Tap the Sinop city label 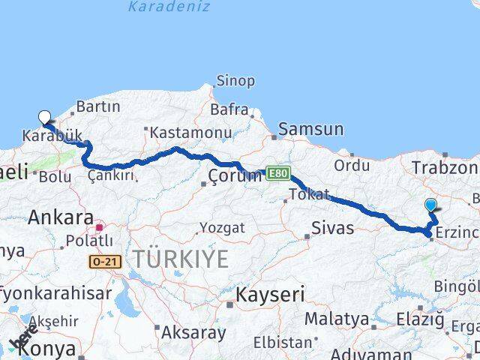tap(235, 80)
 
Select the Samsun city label tap(310, 130)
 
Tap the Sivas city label tap(333, 228)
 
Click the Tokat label tap(309, 195)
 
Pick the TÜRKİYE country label tap(181, 260)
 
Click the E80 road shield tap(275, 173)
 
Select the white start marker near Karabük tap(44, 117)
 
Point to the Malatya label tap(337, 319)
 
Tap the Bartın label tap(93, 107)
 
